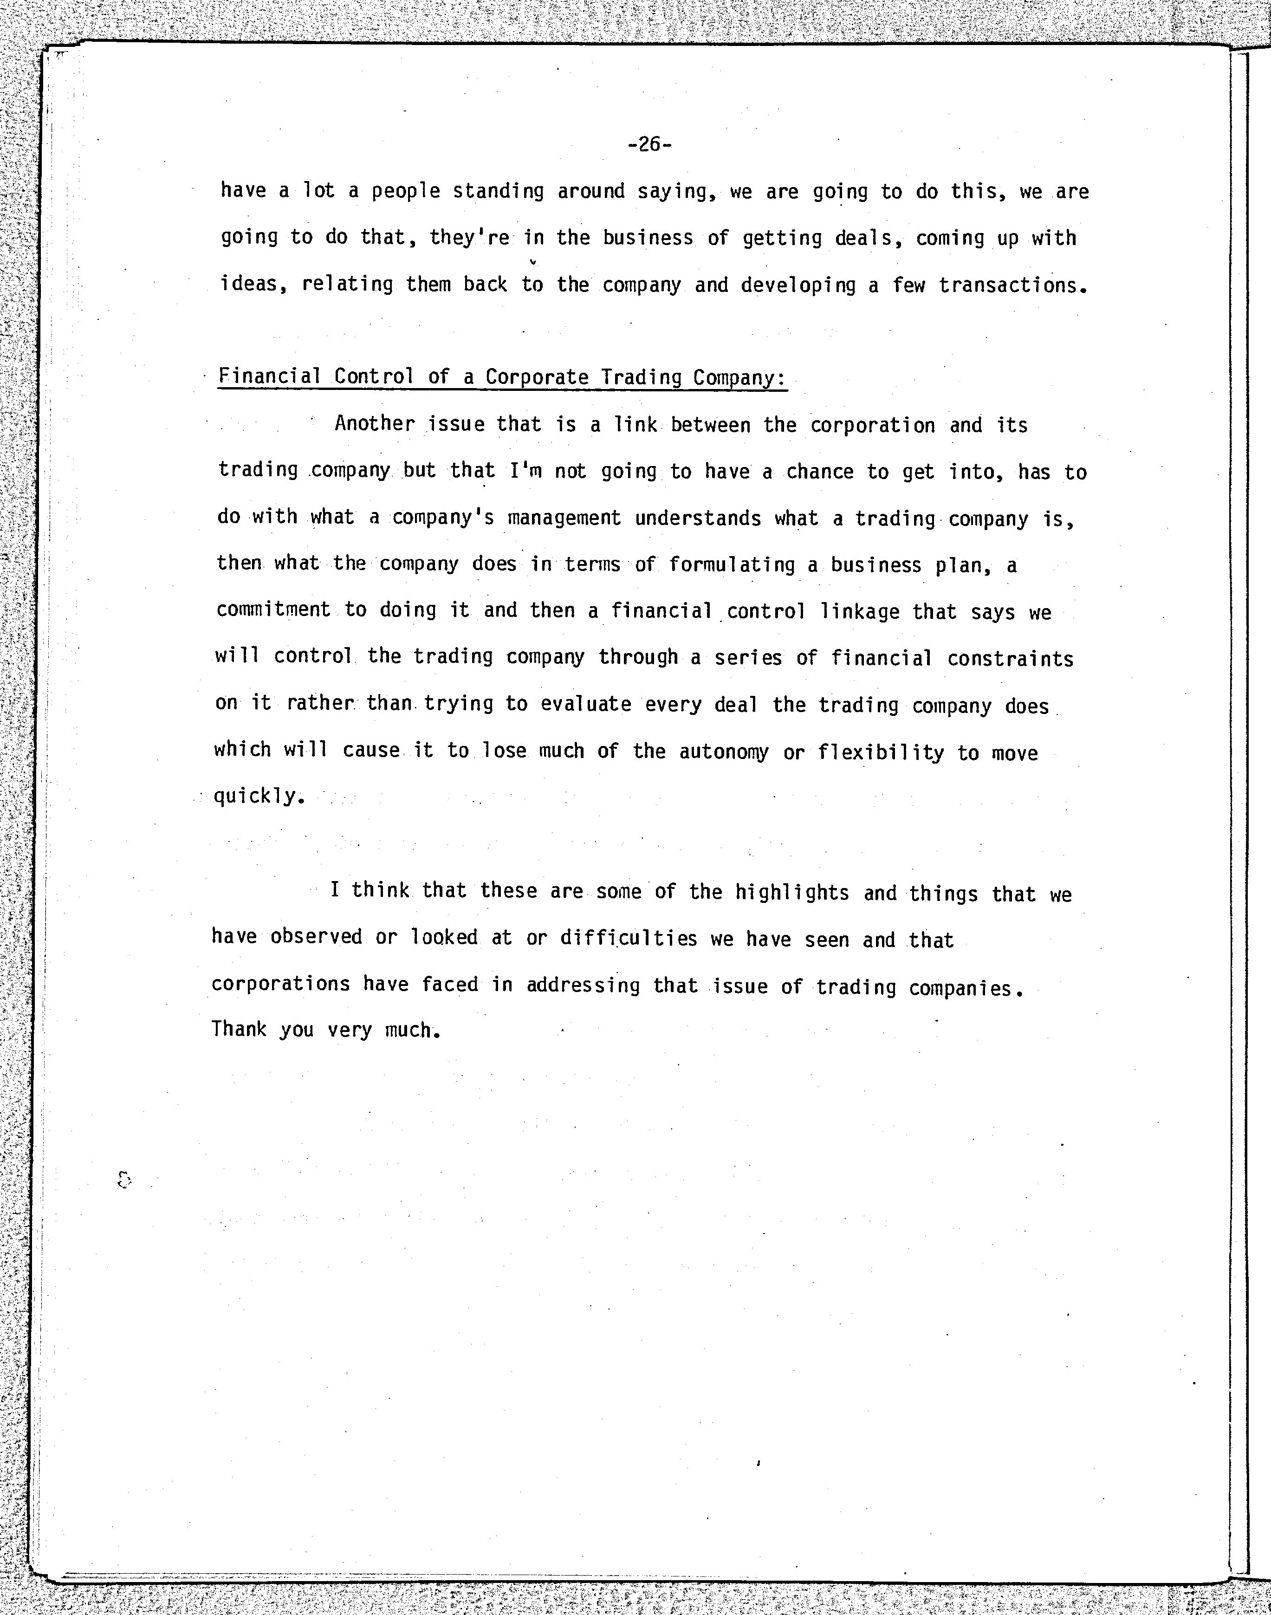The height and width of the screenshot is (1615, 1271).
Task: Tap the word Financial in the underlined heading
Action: (x=269, y=376)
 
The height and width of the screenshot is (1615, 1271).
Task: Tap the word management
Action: (x=564, y=518)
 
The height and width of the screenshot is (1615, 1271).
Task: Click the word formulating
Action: (x=732, y=565)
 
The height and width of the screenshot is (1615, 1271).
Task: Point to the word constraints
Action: (x=1010, y=659)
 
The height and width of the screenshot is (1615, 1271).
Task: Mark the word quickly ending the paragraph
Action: (x=258, y=796)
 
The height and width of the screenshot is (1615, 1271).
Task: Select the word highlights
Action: (x=792, y=892)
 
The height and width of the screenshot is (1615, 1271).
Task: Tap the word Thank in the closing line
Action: (x=238, y=1029)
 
